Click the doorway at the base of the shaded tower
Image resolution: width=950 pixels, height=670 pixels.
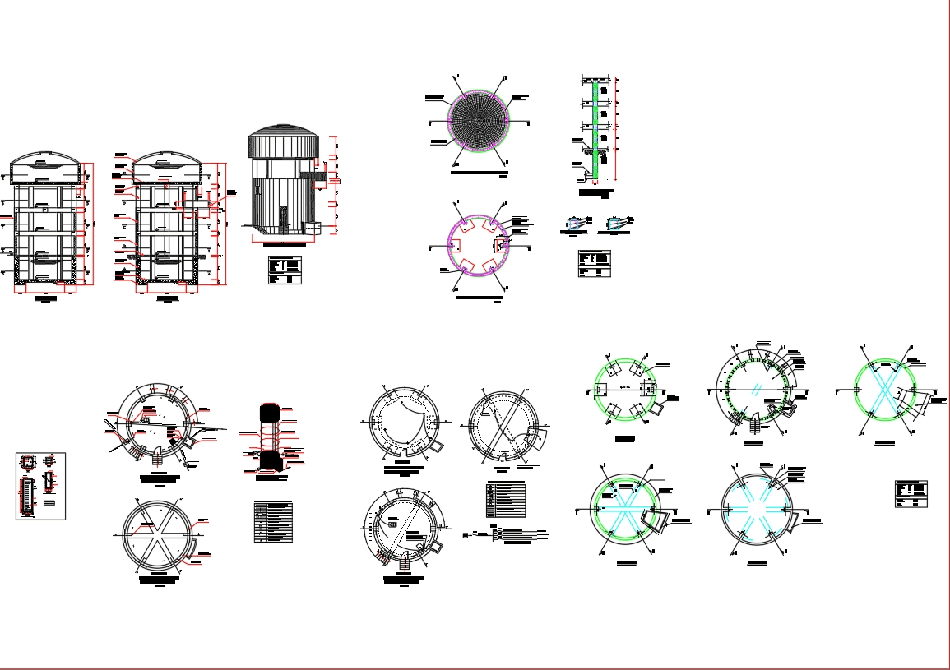point(284,218)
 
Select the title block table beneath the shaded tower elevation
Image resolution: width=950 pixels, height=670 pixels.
point(285,270)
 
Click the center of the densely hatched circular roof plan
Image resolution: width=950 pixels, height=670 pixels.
point(479,121)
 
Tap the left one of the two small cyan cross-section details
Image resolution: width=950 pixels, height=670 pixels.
point(576,224)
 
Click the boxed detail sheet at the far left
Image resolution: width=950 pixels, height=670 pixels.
point(40,486)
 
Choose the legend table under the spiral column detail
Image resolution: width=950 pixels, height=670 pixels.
point(273,522)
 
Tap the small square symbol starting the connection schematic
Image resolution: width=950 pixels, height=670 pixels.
point(466,536)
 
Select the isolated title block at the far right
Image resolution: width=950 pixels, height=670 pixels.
point(911,494)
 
